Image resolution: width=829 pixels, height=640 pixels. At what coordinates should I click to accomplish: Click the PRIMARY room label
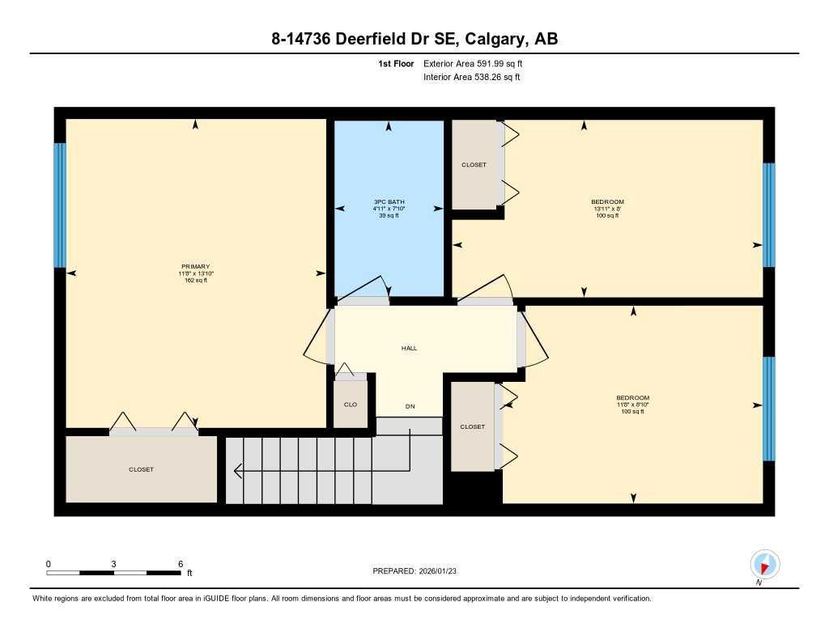[x=195, y=267]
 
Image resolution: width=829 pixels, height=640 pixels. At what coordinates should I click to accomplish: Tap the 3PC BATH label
[x=389, y=201]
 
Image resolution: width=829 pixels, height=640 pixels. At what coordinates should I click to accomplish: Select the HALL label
[x=409, y=348]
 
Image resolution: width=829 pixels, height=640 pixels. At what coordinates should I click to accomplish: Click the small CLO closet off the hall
[x=351, y=405]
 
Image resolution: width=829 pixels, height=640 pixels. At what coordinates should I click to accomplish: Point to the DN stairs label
[x=410, y=406]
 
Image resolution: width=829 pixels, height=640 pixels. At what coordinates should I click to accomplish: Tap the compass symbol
[x=764, y=563]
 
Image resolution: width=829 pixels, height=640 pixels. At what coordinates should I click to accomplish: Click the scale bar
[x=113, y=573]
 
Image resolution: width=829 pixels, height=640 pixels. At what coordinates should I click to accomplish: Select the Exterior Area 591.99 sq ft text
[x=478, y=63]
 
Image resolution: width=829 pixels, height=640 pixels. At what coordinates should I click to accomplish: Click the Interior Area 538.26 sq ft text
[x=471, y=78]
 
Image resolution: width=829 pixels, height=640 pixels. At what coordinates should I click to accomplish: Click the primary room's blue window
[x=59, y=205]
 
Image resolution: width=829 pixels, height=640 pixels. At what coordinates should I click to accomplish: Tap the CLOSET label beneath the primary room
[x=141, y=469]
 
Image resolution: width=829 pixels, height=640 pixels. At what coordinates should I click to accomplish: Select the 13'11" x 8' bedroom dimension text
[x=607, y=209]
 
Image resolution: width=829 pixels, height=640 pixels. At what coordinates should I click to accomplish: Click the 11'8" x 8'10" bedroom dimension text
[x=632, y=405]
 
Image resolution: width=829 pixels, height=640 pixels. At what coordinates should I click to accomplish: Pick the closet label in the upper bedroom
[x=474, y=165]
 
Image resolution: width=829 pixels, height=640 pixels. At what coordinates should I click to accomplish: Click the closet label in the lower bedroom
[x=472, y=426]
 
